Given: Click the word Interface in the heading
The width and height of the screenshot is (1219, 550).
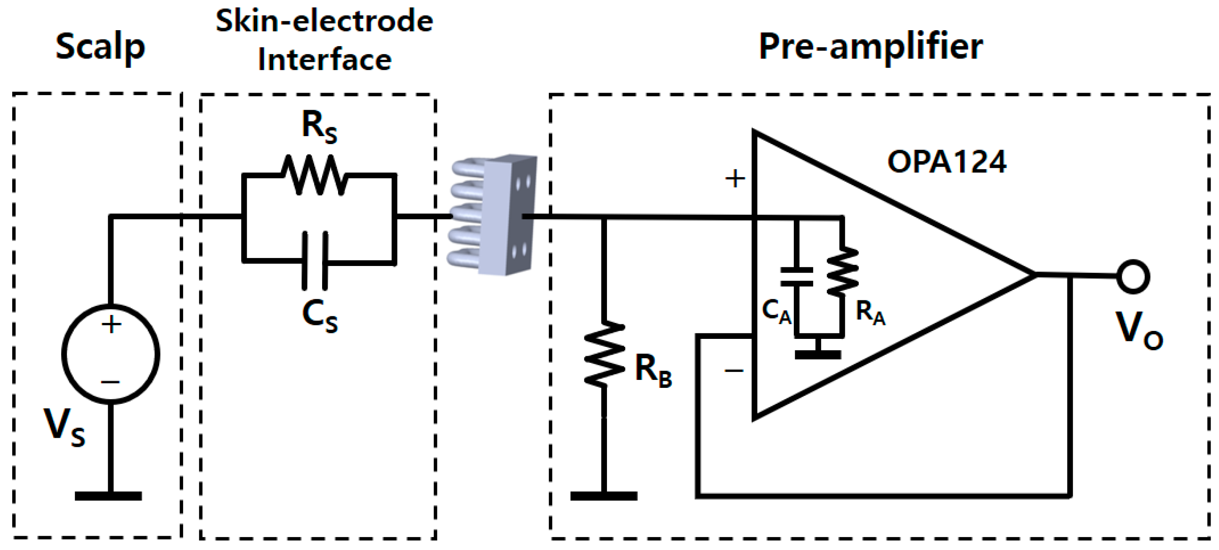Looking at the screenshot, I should coord(325,60).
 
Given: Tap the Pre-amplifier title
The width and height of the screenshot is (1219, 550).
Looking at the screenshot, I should coord(871,47).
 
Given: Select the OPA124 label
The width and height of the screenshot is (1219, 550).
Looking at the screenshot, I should coord(946,162).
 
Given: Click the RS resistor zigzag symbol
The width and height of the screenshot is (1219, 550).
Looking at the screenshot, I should coord(315,175).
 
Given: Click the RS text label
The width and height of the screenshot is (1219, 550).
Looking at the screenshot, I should coord(319,127).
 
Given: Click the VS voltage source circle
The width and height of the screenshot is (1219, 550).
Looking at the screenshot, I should coord(111,354).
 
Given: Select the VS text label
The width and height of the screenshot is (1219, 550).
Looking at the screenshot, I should coord(64,426).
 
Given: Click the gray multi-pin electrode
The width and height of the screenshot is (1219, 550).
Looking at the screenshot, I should coord(494,215).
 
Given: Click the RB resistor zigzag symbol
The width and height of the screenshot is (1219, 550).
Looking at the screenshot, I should coord(604,354).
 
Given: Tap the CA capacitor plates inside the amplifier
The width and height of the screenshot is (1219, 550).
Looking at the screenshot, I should coord(796,277).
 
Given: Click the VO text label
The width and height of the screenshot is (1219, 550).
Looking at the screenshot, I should coord(1138,330).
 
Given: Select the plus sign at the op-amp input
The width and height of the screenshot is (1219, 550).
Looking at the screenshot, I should coord(735,179).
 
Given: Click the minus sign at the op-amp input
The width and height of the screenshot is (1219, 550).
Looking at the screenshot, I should coord(733,371).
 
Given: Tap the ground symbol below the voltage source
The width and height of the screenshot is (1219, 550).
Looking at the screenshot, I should coord(108,496).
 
